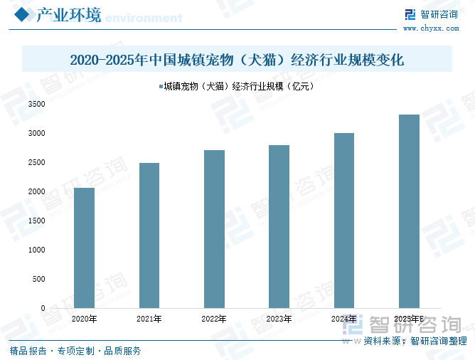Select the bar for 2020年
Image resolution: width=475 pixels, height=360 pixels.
[x=84, y=248]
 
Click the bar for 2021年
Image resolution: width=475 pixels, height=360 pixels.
[x=149, y=235]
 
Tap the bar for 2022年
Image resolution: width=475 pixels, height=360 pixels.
[x=214, y=229]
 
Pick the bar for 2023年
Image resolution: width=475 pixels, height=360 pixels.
[x=279, y=226]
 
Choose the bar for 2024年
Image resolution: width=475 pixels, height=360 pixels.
[x=344, y=221]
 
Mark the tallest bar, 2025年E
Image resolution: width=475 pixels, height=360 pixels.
[x=409, y=211]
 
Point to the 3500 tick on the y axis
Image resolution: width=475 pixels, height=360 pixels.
[x=36, y=105]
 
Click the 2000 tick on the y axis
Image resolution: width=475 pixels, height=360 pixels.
[x=36, y=192]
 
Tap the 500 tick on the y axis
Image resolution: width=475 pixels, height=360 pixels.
[x=38, y=279]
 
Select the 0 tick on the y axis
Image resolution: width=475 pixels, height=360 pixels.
[x=43, y=308]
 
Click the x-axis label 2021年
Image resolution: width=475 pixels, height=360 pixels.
[x=149, y=319]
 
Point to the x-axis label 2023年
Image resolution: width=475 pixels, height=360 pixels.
[x=279, y=319]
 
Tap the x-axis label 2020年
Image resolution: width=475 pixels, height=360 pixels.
[x=84, y=319]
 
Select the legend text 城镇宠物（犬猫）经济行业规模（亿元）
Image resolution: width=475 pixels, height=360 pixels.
[x=239, y=87]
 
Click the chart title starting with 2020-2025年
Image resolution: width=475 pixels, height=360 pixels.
[x=237, y=60]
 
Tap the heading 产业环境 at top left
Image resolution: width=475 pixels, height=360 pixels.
[x=68, y=15]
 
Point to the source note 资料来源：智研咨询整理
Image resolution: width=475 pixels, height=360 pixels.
[x=415, y=342]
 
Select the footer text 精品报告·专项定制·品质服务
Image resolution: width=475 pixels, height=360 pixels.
[x=75, y=351]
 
